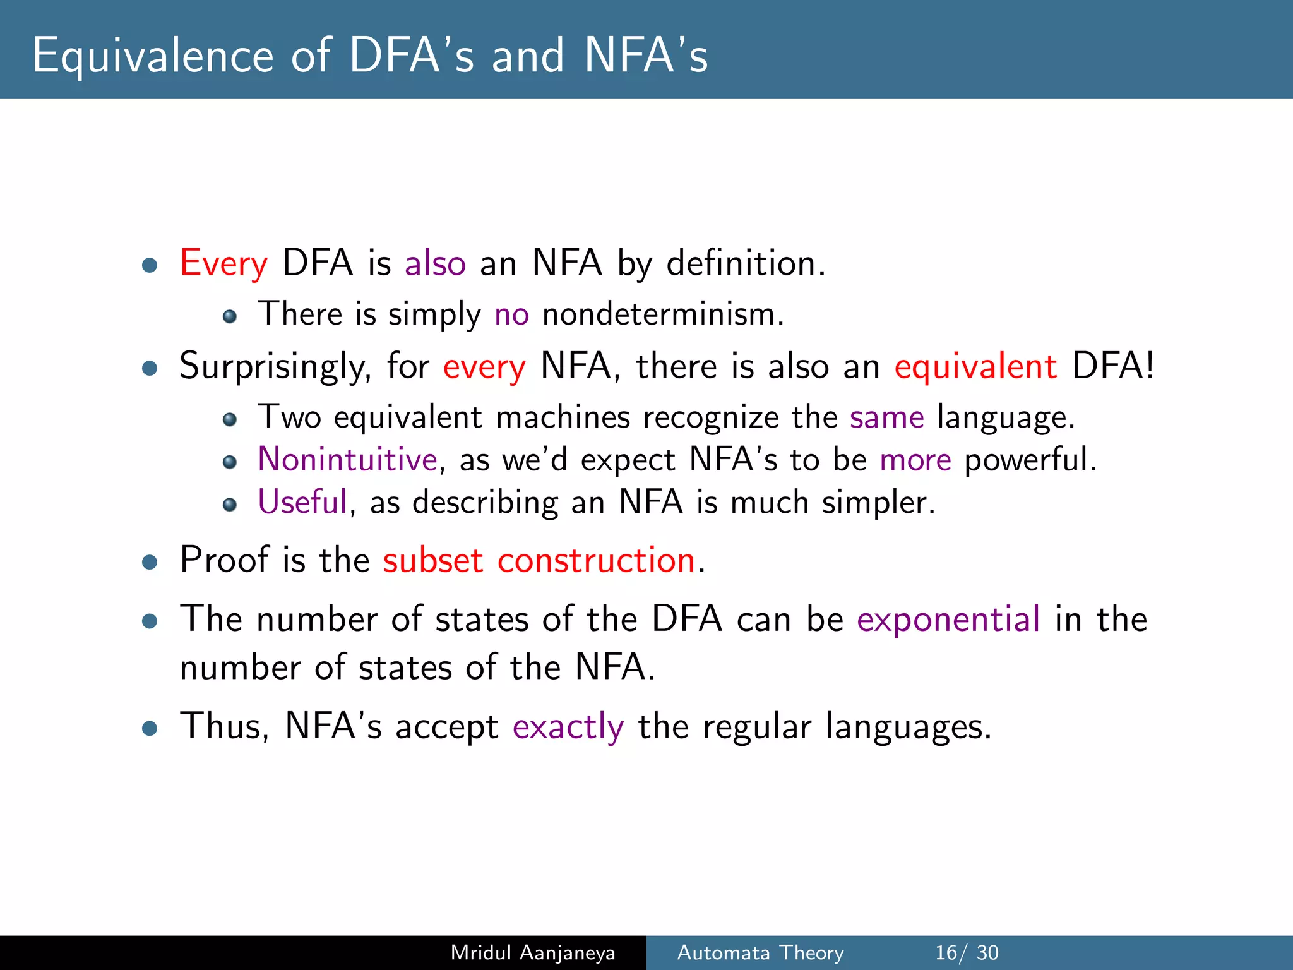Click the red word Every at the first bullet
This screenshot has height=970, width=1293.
point(223,263)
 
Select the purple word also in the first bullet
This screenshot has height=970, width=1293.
point(435,263)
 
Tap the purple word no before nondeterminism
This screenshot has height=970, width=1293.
point(511,314)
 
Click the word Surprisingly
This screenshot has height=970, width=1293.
point(275,366)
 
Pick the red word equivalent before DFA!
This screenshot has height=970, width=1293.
point(975,366)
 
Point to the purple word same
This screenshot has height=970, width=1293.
point(886,417)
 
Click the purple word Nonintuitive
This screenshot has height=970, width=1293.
point(347,459)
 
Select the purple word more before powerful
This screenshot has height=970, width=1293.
point(915,460)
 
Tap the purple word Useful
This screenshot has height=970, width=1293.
point(302,502)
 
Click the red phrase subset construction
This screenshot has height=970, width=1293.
point(539,560)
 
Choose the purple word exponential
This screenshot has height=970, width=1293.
point(948,619)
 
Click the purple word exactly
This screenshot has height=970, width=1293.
point(568,726)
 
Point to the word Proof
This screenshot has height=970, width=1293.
point(224,560)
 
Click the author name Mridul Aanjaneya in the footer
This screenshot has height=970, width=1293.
point(533,952)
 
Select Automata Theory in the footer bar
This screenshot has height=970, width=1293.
point(760,952)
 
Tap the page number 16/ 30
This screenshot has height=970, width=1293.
point(967,952)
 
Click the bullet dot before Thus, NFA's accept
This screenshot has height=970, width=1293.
point(150,729)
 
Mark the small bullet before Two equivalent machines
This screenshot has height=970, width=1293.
point(230,419)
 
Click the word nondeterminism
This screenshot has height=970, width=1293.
point(663,314)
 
